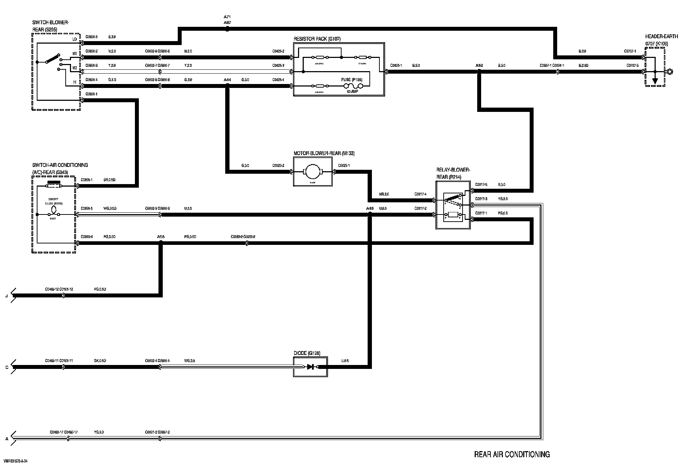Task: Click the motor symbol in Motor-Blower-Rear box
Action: coord(313,172)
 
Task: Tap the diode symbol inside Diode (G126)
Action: coord(310,367)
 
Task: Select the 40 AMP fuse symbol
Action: coord(353,86)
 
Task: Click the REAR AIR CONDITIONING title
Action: coord(512,454)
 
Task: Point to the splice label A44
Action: coord(227,80)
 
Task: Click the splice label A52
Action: coord(479,66)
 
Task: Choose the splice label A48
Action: coord(370,208)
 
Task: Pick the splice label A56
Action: coord(161,237)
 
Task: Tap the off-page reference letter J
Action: coord(6,296)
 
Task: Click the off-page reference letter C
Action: coord(6,367)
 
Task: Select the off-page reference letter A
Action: coord(6,439)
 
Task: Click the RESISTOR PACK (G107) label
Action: coord(314,39)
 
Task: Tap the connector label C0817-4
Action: coord(420,194)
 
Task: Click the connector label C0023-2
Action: coord(278,166)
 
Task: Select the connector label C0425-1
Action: coord(396,66)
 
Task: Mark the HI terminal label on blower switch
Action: coord(75,82)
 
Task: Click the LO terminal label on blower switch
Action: coord(75,39)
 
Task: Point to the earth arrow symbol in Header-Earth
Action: coord(655,81)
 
